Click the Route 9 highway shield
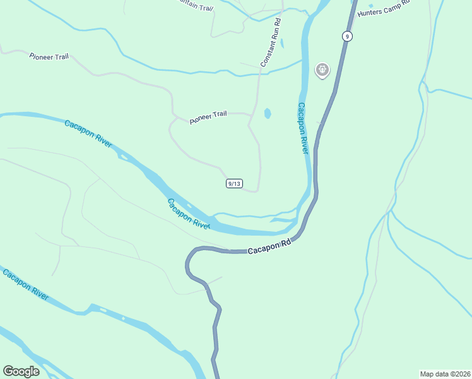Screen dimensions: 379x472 click(346, 36)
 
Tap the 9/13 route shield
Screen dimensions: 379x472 click(233, 183)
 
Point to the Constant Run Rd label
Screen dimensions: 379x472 click(271, 43)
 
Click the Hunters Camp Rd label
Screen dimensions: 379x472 click(383, 9)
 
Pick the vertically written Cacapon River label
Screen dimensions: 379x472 click(303, 128)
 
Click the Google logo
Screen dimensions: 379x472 click(21, 371)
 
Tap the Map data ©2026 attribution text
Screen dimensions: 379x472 click(445, 373)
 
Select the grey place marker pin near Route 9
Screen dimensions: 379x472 click(322, 69)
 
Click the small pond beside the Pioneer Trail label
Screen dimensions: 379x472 click(268, 114)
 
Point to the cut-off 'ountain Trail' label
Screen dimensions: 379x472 click(196, 6)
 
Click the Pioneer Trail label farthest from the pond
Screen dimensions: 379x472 click(48, 56)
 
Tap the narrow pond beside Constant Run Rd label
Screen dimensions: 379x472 click(282, 44)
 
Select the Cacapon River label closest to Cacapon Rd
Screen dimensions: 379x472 click(188, 213)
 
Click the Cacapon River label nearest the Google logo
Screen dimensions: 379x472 click(25, 285)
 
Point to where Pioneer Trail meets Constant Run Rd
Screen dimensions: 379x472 click(251, 116)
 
